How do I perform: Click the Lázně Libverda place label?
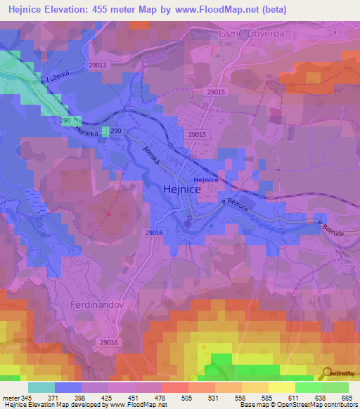(254, 34)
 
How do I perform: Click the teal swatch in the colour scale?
(41, 387)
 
